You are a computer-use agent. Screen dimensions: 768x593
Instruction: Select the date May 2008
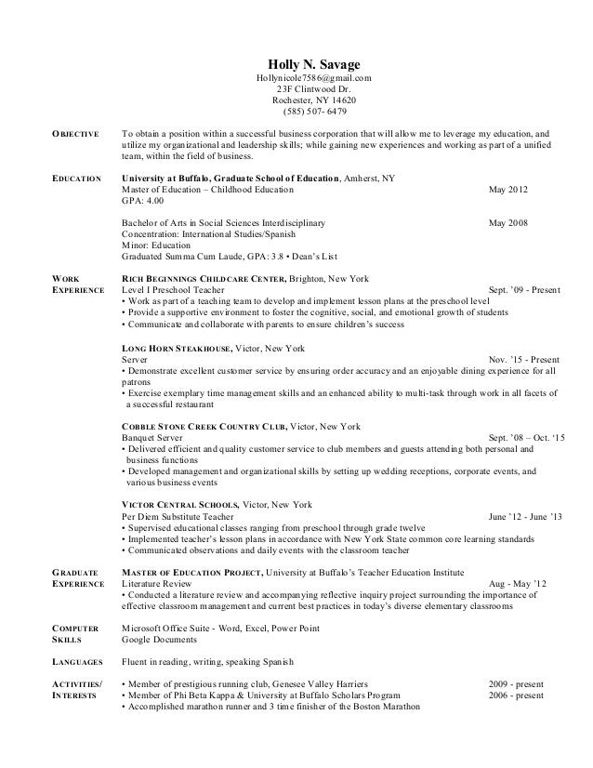tap(507, 223)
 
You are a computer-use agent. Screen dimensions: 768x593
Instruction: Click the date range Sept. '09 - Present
tap(523, 290)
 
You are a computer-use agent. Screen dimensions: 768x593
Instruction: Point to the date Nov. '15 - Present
tap(523, 359)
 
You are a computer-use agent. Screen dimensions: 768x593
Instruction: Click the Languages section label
tap(78, 662)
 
